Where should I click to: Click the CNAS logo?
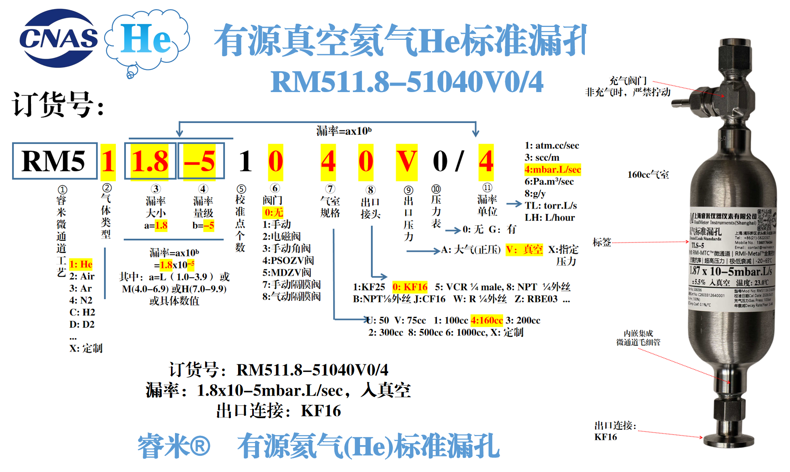click(x=59, y=38)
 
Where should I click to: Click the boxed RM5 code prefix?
click(x=54, y=161)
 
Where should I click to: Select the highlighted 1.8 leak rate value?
click(x=150, y=161)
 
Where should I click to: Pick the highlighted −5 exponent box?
click(x=200, y=161)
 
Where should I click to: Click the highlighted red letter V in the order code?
click(x=406, y=161)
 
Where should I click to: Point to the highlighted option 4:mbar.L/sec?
click(x=552, y=170)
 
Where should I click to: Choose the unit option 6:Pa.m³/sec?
click(x=549, y=182)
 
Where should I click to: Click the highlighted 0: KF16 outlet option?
click(x=410, y=287)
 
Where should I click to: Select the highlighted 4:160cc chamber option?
click(x=487, y=320)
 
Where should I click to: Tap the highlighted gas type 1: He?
click(x=81, y=264)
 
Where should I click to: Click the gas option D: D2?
click(x=82, y=324)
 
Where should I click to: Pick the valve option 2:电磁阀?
click(x=282, y=236)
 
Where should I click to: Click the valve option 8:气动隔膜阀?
click(x=292, y=297)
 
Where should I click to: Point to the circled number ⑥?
click(x=275, y=188)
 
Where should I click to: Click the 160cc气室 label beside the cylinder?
click(x=648, y=175)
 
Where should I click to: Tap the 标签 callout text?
click(x=602, y=242)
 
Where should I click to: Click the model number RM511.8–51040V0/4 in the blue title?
click(x=407, y=82)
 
